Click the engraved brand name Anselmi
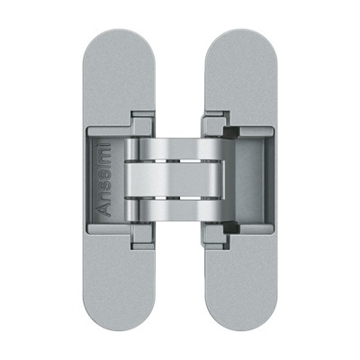tap(104, 180)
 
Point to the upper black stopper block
tap(231, 132)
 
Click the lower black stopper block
tap(231, 228)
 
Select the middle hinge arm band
tap(175, 180)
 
